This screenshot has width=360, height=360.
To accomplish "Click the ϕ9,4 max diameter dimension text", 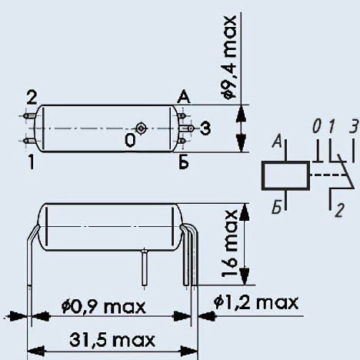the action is [229, 57].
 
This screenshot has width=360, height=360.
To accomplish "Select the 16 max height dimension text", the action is [229, 243].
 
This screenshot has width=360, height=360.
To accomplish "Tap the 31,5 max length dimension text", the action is [112, 340].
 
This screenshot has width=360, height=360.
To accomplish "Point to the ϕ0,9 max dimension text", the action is [103, 306].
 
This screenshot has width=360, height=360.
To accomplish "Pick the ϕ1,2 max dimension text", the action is [256, 302].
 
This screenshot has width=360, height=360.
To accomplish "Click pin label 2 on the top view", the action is [32, 98].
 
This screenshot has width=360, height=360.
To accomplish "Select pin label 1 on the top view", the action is [32, 162].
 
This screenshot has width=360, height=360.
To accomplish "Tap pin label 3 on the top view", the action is [205, 128].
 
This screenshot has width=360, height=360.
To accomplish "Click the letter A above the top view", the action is [184, 97].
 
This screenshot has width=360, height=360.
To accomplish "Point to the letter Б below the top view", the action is [184, 162].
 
